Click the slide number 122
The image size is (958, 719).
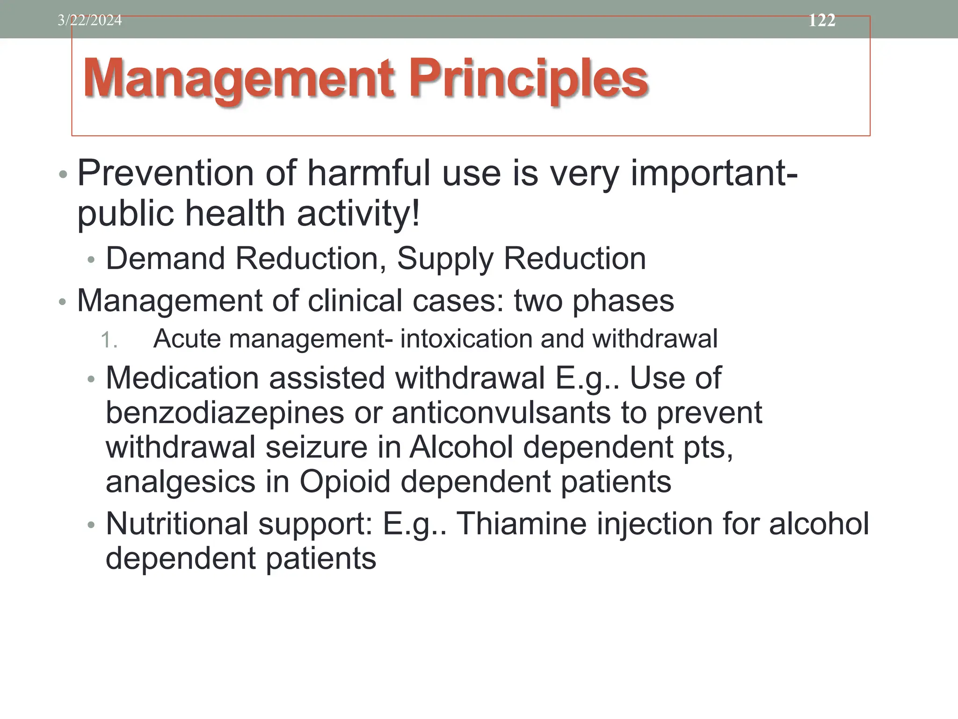[822, 20]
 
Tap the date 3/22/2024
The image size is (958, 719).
[90, 20]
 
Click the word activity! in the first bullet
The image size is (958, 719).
[359, 213]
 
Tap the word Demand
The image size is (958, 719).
[166, 258]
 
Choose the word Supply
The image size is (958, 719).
[445, 259]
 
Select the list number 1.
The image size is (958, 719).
[109, 340]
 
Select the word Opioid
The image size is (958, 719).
[345, 482]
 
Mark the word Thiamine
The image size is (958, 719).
[522, 523]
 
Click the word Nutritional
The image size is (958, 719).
[177, 523]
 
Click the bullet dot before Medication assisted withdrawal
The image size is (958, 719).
[91, 379]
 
